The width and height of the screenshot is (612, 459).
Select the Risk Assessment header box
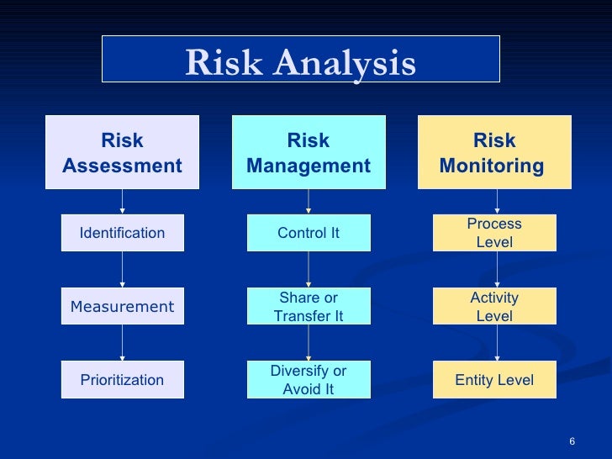[x=122, y=153]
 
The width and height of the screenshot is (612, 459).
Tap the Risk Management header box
[x=309, y=153]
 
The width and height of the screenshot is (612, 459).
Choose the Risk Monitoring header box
[x=494, y=153]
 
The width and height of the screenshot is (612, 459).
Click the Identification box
[x=122, y=233]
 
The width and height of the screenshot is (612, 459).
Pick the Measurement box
[x=122, y=306]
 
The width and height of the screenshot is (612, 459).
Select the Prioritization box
[x=122, y=380]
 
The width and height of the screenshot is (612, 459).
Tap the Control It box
[x=309, y=233]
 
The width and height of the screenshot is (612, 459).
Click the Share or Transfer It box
[x=309, y=307]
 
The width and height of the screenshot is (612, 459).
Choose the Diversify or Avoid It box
[x=309, y=380]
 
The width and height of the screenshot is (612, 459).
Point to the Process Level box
[x=494, y=233]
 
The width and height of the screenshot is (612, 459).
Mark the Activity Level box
[x=494, y=307]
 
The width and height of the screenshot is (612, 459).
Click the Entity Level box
[x=494, y=380]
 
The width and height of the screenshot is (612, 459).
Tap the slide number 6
[x=572, y=443]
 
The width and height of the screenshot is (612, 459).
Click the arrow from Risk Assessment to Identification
[x=123, y=202]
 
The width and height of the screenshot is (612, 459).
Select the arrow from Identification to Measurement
[x=123, y=269]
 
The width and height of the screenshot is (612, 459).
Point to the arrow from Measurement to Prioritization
[x=123, y=342]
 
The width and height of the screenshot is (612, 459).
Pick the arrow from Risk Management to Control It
[x=309, y=202]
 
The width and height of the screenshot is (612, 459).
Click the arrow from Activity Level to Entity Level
[x=497, y=342]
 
